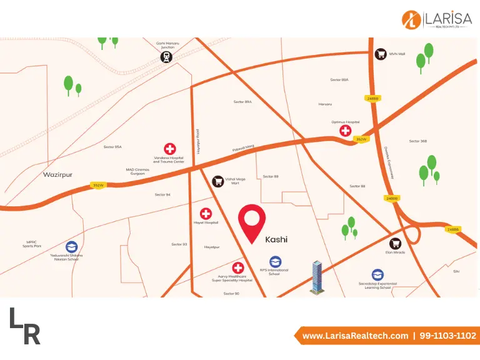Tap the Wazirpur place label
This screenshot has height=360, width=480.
point(57,174)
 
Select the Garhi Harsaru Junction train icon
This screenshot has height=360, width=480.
point(166,57)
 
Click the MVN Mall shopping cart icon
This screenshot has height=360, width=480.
point(380,54)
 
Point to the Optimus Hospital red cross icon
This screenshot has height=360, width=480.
point(344,131)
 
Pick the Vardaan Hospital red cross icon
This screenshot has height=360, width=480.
point(169,149)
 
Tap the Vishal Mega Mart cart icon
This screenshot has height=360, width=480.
point(218,181)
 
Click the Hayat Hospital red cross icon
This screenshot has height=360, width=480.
point(206,214)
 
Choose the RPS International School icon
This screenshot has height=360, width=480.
point(275,262)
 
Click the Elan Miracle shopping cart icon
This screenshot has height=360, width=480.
point(395,244)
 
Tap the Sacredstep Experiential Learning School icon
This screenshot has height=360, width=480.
point(377,275)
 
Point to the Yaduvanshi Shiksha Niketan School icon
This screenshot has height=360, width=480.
point(72,247)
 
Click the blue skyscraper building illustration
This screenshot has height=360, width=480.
point(318,277)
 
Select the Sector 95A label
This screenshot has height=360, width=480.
point(112,147)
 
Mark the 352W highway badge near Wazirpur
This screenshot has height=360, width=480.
point(97,185)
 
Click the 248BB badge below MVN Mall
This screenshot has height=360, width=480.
point(373,98)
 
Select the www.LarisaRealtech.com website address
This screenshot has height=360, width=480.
point(355,336)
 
